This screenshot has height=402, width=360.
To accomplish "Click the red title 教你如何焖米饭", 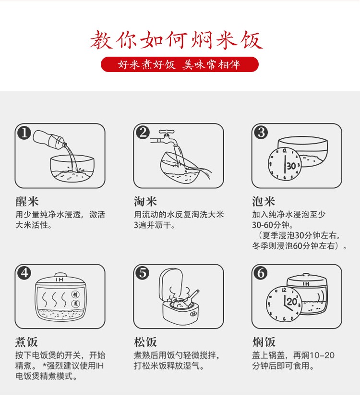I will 177,40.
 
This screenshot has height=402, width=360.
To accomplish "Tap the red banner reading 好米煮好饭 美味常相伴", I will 180,64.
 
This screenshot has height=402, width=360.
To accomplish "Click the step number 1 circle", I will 24,132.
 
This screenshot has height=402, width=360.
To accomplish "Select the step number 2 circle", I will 143,132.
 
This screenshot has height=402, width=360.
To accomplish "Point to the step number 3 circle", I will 261,132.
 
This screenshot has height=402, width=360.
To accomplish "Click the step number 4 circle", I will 24,273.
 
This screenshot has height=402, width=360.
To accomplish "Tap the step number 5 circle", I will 143,273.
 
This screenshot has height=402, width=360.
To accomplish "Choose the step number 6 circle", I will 261,273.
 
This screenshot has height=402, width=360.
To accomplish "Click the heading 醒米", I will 27,201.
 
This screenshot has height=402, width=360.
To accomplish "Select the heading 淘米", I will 145,201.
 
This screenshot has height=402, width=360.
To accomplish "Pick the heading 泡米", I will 264,201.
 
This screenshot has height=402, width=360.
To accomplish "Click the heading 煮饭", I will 27,342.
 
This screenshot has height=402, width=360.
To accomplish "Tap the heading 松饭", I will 145,342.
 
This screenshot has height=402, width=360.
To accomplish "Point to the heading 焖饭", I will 264,342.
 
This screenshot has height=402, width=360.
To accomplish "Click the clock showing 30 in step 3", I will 285,165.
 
